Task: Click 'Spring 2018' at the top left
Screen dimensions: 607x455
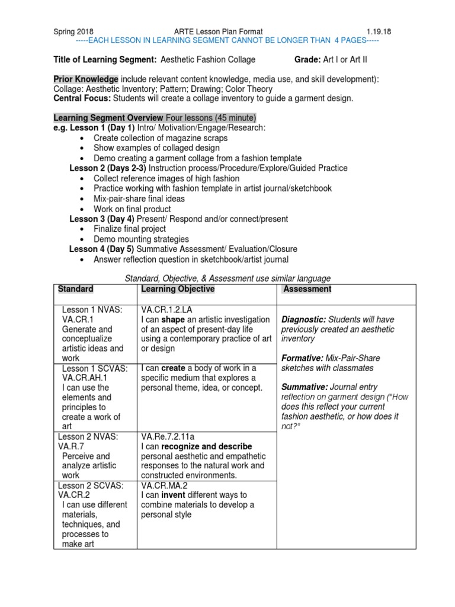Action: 73,31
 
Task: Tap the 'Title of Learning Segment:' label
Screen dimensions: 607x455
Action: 105,60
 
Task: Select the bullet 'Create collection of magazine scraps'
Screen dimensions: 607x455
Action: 161,138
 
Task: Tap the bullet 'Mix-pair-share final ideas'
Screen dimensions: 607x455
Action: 139,199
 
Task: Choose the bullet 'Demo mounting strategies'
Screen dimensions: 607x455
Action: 142,239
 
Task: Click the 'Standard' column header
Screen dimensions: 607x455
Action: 75,289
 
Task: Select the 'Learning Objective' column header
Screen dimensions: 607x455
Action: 178,289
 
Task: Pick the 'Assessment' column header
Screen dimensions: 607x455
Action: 307,289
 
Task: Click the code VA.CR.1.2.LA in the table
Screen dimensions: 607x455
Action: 166,309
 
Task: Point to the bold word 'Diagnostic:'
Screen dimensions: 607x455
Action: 303,320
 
